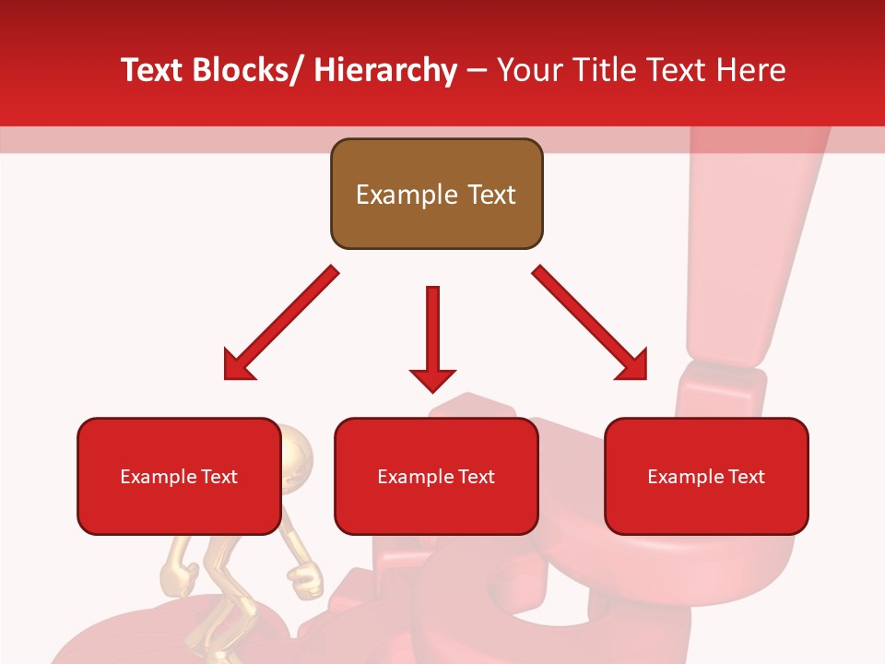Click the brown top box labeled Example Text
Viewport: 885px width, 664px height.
pos(436,194)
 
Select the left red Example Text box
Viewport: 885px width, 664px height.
pos(179,476)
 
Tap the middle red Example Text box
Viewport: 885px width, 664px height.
pos(436,476)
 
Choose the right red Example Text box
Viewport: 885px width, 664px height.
pos(706,476)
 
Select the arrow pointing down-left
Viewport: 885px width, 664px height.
pos(280,324)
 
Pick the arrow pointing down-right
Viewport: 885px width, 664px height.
pos(590,324)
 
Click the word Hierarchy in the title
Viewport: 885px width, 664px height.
pos(384,70)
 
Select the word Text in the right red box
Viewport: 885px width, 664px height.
pos(746,477)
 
